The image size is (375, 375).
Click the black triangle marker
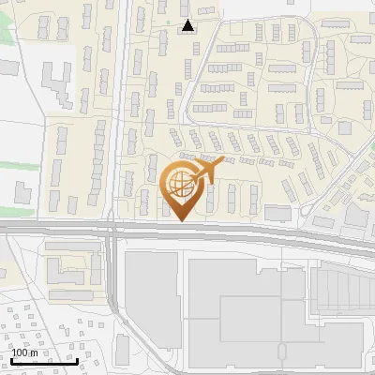tap(188, 25)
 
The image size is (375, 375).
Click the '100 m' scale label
tap(22, 352)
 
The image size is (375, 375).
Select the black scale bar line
tap(43, 361)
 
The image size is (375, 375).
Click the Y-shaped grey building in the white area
tap(58, 82)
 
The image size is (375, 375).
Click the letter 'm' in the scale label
tap(32, 352)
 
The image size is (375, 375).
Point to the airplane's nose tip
tap(224, 160)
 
